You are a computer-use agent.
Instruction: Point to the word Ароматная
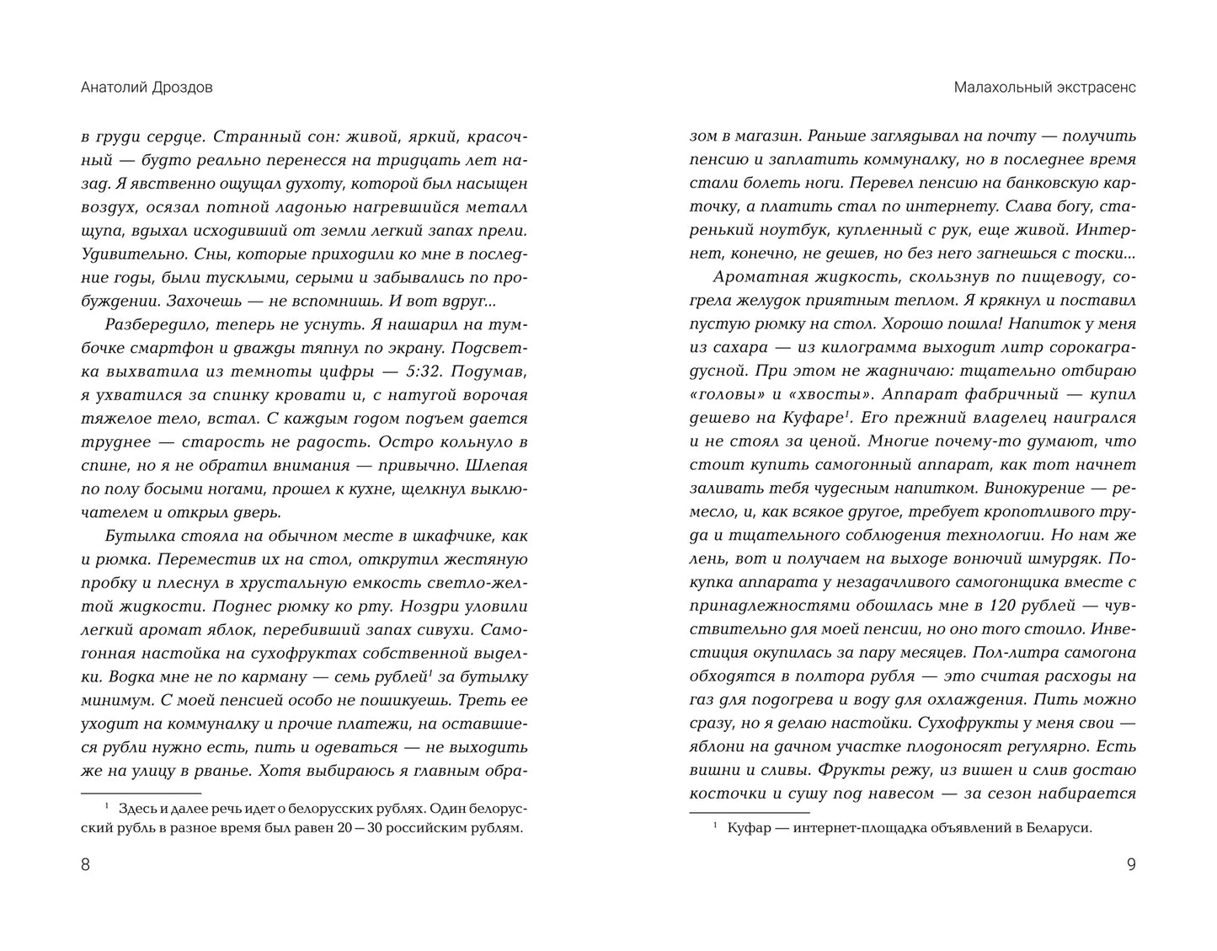pyautogui.click(x=761, y=277)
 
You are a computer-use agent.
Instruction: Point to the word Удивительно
pyautogui.click(x=131, y=253)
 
